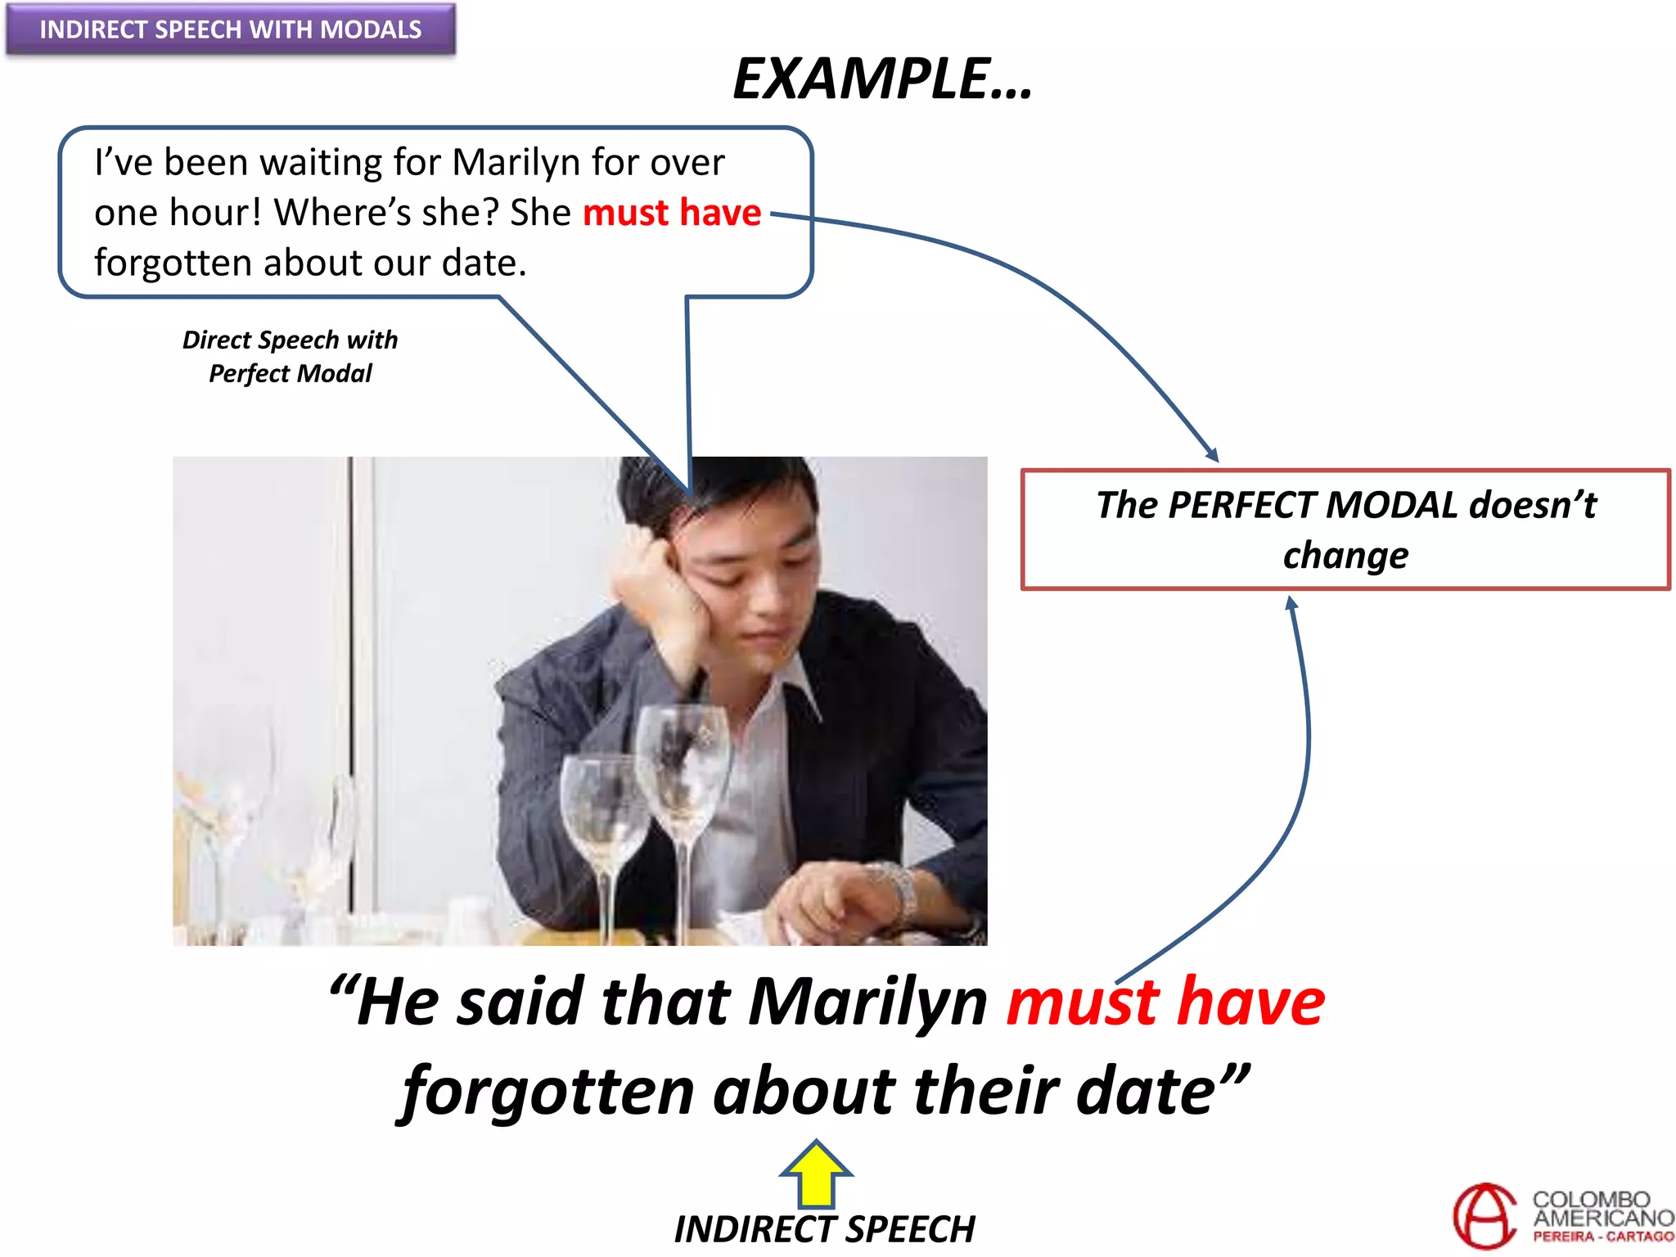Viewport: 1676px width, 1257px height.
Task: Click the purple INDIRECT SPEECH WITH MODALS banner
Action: pyautogui.click(x=230, y=29)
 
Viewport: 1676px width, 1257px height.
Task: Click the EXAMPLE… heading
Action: pyautogui.click(x=882, y=79)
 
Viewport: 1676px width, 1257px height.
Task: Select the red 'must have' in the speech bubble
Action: pyautogui.click(x=672, y=213)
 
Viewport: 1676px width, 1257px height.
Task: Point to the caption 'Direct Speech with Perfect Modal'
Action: pyautogui.click(x=290, y=356)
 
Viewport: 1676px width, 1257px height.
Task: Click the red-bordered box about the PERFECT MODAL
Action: pyautogui.click(x=1345, y=529)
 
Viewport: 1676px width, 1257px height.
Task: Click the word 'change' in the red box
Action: pyautogui.click(x=1345, y=556)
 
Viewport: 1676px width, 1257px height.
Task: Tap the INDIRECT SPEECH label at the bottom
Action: pyautogui.click(x=824, y=1228)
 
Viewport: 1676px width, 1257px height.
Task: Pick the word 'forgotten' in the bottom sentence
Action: pyautogui.click(x=548, y=1092)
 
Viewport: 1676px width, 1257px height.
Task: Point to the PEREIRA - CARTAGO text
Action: pyautogui.click(x=1602, y=1237)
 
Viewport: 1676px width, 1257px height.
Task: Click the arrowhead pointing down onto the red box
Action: pyautogui.click(x=1213, y=455)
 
